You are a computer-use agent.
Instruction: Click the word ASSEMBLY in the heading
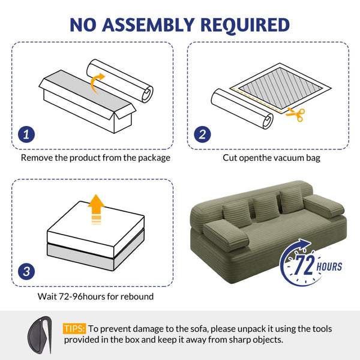click(x=148, y=25)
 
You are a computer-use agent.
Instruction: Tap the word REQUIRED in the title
click(x=245, y=25)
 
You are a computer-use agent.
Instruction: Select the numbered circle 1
click(x=26, y=134)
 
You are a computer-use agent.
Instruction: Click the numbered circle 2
click(x=202, y=134)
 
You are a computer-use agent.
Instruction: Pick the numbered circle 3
click(x=26, y=271)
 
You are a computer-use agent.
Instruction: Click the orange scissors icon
click(x=296, y=114)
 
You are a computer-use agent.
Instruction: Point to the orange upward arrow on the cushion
click(x=96, y=209)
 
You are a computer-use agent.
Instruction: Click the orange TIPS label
click(x=74, y=329)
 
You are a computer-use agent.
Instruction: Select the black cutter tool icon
click(x=40, y=335)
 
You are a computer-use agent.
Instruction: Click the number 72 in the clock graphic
click(x=305, y=265)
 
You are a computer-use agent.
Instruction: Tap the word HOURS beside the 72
click(x=329, y=267)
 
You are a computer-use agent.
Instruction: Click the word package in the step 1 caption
click(x=154, y=158)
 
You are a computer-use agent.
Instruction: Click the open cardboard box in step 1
click(x=88, y=101)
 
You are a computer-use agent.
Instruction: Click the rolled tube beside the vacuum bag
click(x=242, y=109)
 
